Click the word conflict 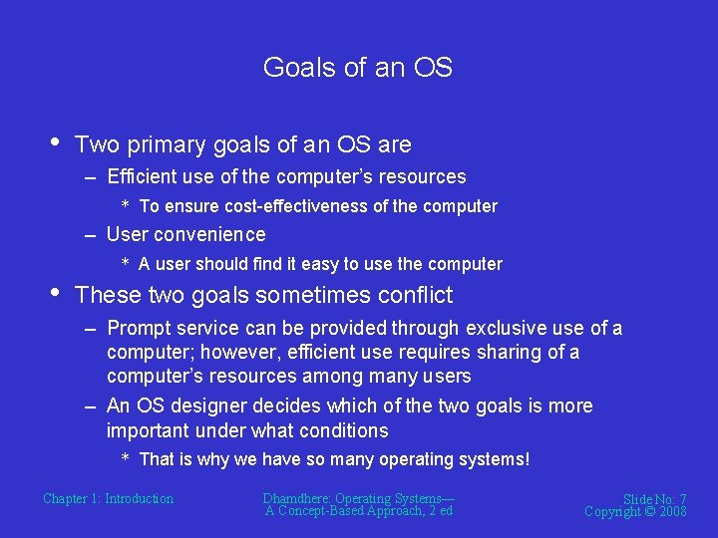[416, 295]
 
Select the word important [149, 430]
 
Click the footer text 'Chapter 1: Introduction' [108, 498]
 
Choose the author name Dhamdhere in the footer [296, 498]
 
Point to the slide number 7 [682, 499]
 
